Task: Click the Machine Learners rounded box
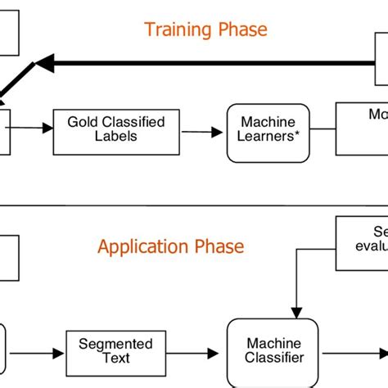268,131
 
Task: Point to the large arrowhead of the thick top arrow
45,62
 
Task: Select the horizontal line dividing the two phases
194,205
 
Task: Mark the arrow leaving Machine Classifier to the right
352,353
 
